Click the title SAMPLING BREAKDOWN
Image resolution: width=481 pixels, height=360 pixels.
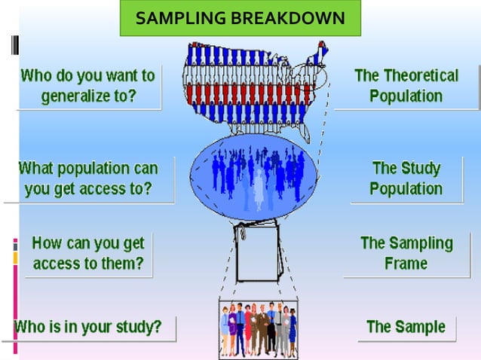pyautogui.click(x=240, y=18)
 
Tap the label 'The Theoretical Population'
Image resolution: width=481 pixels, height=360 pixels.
pyautogui.click(x=406, y=86)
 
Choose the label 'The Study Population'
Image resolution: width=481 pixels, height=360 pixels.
pyautogui.click(x=406, y=178)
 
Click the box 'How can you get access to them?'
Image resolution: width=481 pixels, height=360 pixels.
pyautogui.click(x=87, y=254)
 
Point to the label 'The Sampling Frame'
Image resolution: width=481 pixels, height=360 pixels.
pyautogui.click(x=406, y=253)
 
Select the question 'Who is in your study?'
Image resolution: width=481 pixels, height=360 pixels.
pyautogui.click(x=87, y=327)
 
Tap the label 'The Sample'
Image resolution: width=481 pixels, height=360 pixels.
pyautogui.click(x=406, y=327)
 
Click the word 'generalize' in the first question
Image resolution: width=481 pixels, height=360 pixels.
pyautogui.click(x=78, y=96)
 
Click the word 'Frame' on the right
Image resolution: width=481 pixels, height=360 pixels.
pyautogui.click(x=406, y=264)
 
